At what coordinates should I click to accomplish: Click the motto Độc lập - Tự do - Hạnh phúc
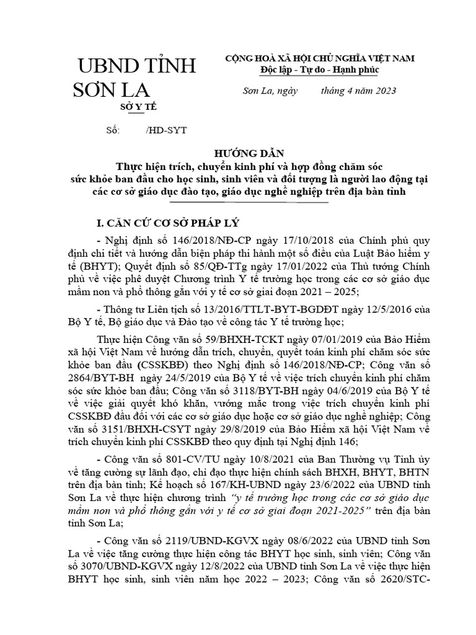pos(320,69)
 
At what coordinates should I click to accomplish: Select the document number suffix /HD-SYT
pos(165,131)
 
